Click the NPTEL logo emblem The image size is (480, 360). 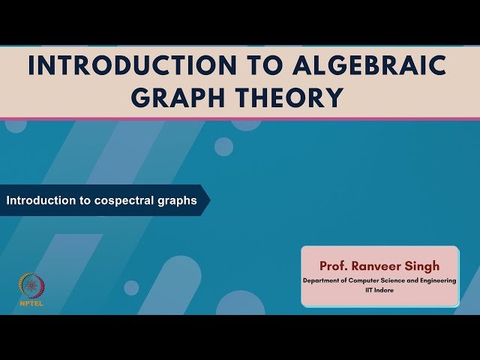pos(31,286)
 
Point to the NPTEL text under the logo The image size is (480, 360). pos(31,304)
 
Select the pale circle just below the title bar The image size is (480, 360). pos(223,146)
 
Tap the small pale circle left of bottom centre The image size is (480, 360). pos(131,287)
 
